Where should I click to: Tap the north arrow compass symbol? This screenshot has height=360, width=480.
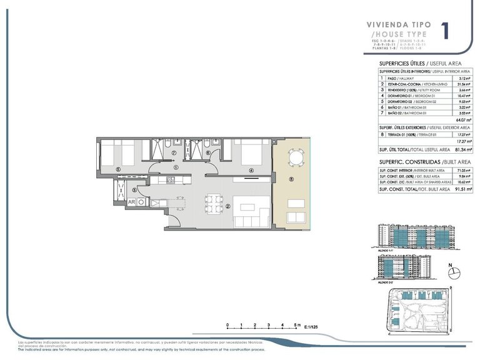454,272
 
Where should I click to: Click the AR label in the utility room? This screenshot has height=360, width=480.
132,202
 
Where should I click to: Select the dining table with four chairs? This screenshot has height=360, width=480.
213,202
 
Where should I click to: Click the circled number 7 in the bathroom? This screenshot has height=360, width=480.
174,152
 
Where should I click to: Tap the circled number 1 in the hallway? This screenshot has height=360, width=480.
177,167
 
